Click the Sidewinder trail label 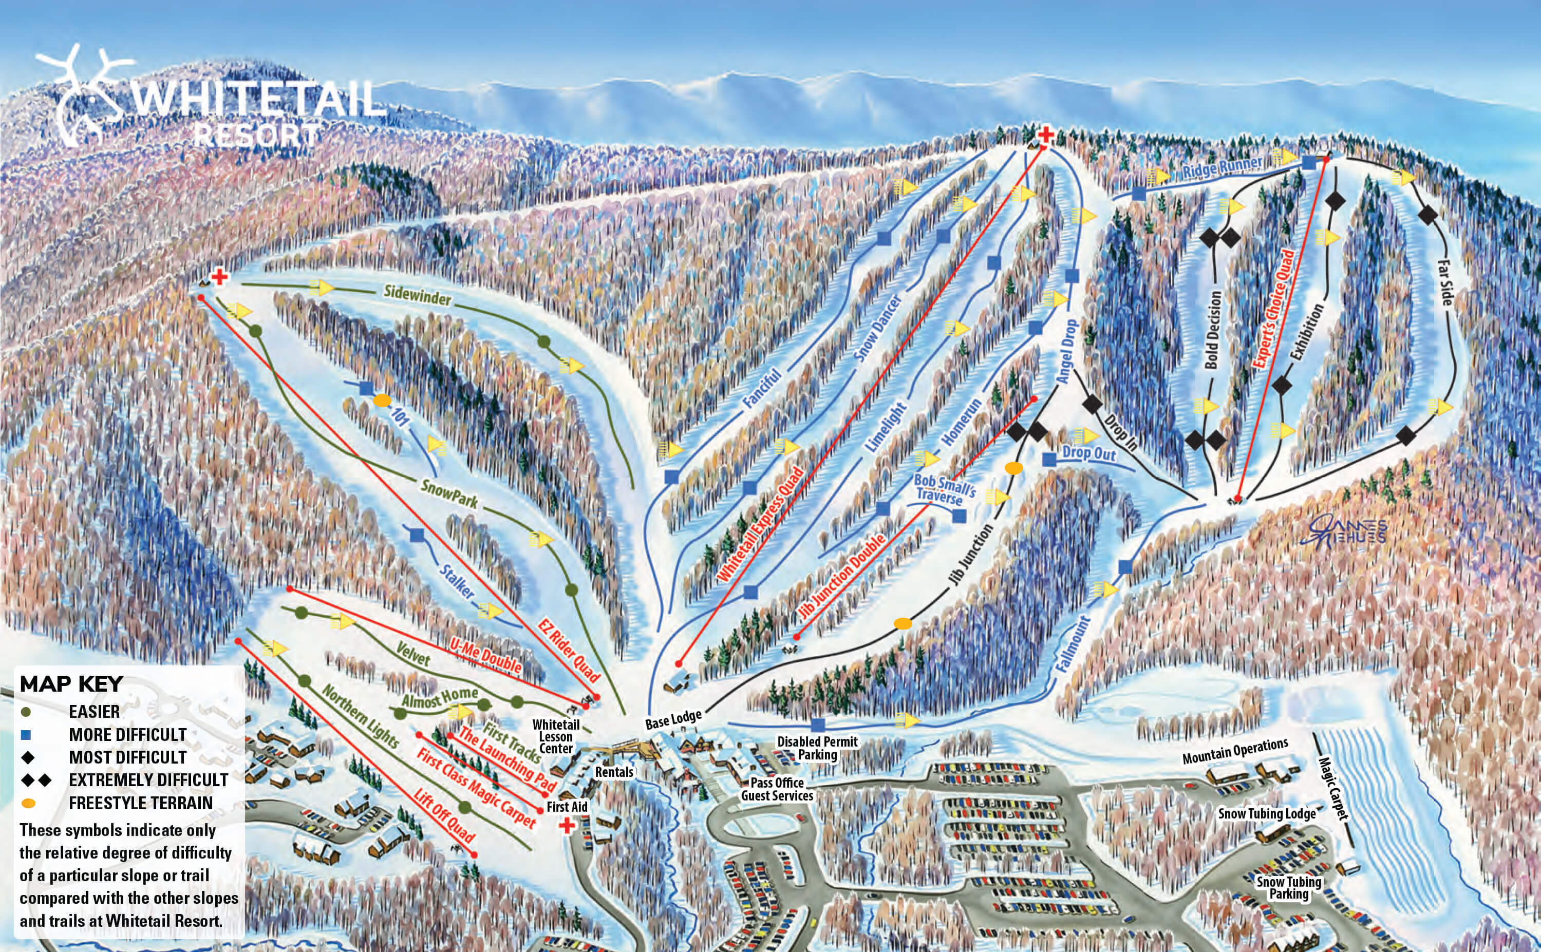pyautogui.click(x=418, y=295)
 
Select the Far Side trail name pyautogui.click(x=1444, y=283)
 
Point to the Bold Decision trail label pyautogui.click(x=1212, y=330)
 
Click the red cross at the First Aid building pyautogui.click(x=568, y=825)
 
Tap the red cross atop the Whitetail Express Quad pyautogui.click(x=1045, y=135)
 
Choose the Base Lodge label pyautogui.click(x=672, y=720)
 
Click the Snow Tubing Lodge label pyautogui.click(x=1266, y=813)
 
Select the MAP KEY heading pyautogui.click(x=71, y=684)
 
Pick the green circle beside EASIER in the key pyautogui.click(x=26, y=712)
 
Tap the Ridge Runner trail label pyautogui.click(x=1221, y=167)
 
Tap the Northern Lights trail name pyautogui.click(x=360, y=716)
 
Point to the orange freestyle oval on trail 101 pyautogui.click(x=382, y=401)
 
